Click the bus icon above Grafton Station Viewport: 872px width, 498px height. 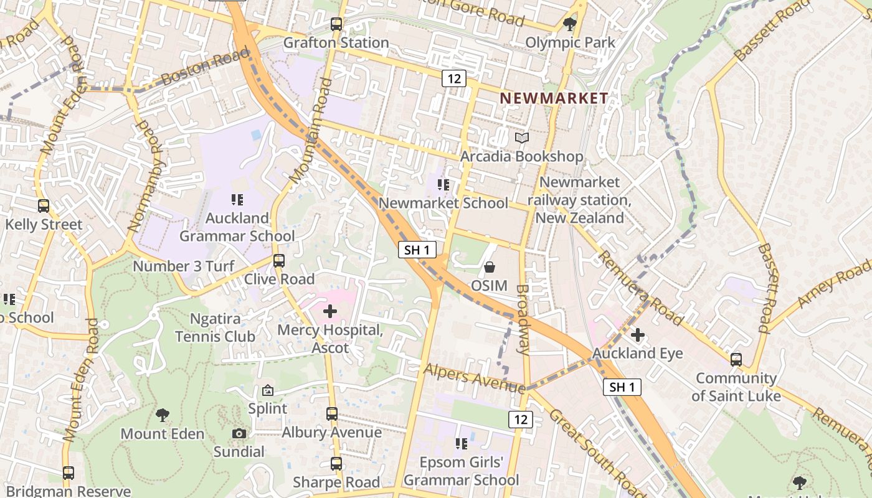(336, 24)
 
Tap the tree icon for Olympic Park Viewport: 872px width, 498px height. (569, 24)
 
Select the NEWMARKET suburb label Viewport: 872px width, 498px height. (554, 98)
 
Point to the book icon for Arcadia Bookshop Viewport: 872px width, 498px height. (522, 138)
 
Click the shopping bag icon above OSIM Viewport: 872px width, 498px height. (490, 267)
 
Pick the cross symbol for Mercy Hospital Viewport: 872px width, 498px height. (330, 311)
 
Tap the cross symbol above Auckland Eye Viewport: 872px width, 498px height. (637, 335)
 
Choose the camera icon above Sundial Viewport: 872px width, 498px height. (239, 433)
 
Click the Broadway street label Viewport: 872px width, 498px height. (523, 319)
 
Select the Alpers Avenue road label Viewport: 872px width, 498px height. (474, 378)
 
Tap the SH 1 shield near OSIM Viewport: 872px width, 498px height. (417, 250)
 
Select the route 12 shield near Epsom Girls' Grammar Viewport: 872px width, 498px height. (521, 419)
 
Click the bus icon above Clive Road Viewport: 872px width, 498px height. (279, 261)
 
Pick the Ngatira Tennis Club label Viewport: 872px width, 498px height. (215, 327)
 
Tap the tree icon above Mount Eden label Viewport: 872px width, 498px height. (163, 415)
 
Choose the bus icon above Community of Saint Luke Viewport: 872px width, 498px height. (736, 359)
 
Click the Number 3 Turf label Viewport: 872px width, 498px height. (184, 266)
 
